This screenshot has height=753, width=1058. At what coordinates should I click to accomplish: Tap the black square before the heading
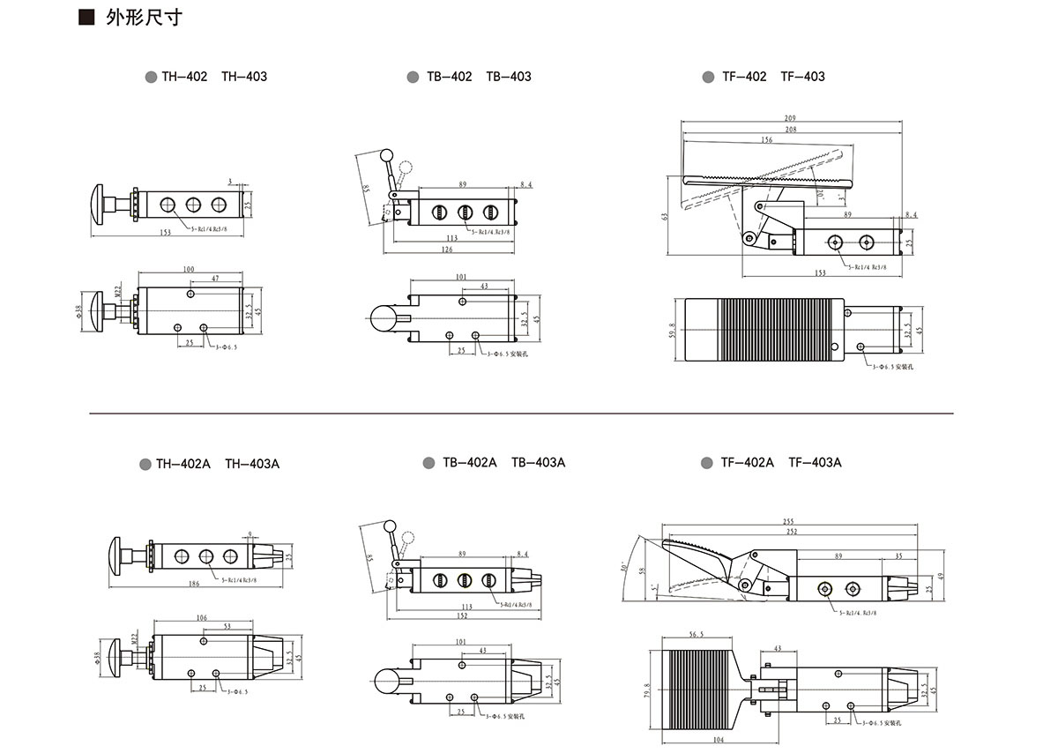[86, 18]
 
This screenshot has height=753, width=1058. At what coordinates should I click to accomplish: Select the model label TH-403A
[251, 463]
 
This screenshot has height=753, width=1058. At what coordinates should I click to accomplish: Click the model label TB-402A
[469, 463]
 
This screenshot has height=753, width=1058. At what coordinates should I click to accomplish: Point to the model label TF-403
[802, 77]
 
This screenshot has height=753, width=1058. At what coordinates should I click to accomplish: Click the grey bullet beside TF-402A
[707, 463]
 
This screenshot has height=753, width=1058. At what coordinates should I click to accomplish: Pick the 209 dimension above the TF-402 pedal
[789, 118]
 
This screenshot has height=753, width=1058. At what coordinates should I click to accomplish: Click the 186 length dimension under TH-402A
[193, 584]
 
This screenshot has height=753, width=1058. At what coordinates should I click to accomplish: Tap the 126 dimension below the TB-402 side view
[447, 250]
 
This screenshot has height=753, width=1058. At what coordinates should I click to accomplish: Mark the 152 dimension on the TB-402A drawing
[462, 615]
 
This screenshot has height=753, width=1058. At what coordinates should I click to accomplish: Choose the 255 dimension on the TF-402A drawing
[788, 522]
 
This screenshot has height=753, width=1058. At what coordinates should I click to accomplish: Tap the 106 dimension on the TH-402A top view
[202, 618]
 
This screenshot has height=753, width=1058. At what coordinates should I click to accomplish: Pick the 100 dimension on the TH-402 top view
[189, 268]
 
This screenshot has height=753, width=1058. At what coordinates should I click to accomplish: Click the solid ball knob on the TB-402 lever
[385, 156]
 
